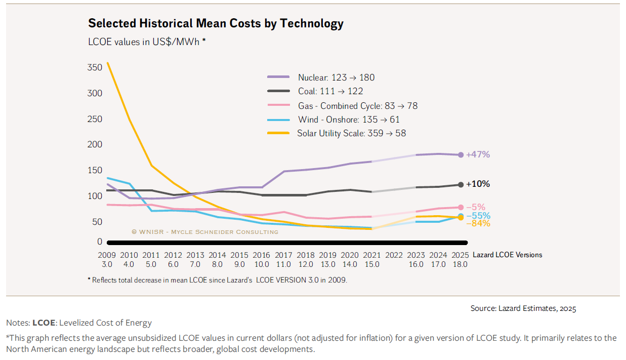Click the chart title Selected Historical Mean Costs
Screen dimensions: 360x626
tap(216, 23)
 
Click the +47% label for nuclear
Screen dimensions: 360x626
tap(478, 154)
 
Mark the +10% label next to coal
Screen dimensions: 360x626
tap(478, 184)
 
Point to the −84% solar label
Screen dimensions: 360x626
tap(478, 223)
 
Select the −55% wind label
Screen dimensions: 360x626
tap(478, 216)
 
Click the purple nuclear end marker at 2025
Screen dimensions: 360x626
tap(461, 155)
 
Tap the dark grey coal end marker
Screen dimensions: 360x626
tap(461, 185)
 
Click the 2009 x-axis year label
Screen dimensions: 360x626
tap(106, 255)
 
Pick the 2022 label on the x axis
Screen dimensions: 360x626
tap(394, 255)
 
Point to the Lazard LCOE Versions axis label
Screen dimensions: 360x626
tap(507, 255)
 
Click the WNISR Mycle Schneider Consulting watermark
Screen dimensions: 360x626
tap(204, 232)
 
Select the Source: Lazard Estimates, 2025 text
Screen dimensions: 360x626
tap(523, 308)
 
